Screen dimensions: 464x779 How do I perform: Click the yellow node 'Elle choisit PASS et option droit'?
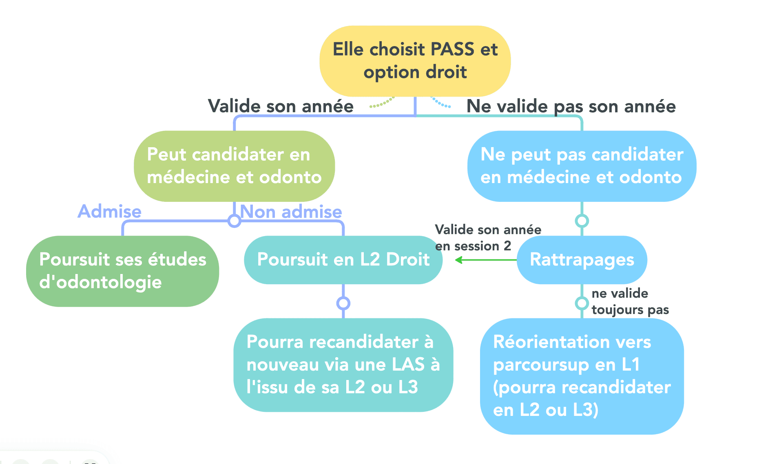pos(415,61)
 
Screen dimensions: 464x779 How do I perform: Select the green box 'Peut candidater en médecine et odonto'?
pos(234,166)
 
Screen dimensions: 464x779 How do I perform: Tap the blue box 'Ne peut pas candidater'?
pos(581,166)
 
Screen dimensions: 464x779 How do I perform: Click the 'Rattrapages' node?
pos(582,260)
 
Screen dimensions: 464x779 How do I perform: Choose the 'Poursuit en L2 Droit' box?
pos(343,260)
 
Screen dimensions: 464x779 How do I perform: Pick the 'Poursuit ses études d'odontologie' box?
pos(122,271)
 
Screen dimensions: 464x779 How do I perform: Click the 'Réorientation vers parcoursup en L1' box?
pos(582,376)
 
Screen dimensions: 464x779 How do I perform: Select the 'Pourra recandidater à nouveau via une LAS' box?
pos(343,365)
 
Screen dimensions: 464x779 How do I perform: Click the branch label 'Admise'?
pos(109,211)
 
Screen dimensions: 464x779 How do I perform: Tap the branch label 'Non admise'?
pos(291,212)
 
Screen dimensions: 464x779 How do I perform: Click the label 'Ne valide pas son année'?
pos(571,106)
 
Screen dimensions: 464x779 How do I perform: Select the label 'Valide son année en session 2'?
pos(487,238)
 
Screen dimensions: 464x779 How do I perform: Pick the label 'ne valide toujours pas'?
pos(630,301)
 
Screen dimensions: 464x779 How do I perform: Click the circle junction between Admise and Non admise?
pos(234,221)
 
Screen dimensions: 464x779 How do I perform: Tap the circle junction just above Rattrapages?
pos(582,221)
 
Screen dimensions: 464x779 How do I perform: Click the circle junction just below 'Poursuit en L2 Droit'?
pos(343,303)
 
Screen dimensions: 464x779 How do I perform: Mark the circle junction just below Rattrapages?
pos(582,303)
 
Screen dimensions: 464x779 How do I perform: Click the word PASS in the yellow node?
pos(452,49)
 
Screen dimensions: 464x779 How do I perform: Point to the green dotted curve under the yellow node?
pos(382,104)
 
